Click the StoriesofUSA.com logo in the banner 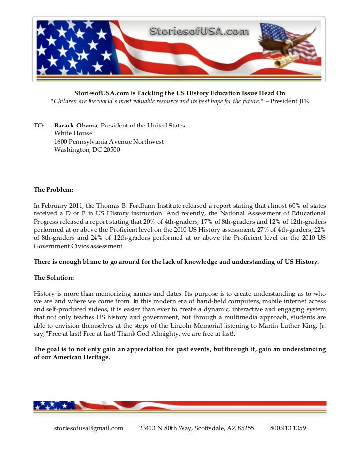pyautogui.click(x=199, y=32)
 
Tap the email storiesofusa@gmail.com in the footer pyautogui.click(x=89, y=428)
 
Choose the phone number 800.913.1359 pyautogui.click(x=288, y=428)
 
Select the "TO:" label pyautogui.click(x=39, y=126)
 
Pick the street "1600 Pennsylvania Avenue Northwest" pyautogui.click(x=109, y=142)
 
